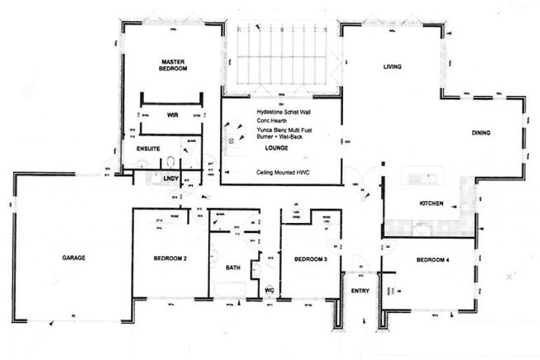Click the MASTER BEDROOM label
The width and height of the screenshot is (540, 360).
click(172, 65)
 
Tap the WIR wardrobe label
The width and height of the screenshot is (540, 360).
click(171, 114)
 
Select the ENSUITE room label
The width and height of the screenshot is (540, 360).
click(148, 149)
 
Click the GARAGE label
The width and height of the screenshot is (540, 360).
click(73, 258)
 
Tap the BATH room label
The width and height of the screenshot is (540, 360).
click(233, 268)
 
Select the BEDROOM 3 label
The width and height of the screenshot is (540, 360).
click(310, 259)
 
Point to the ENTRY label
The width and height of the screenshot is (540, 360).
click(359, 290)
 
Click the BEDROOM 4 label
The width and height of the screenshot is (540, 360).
click(432, 259)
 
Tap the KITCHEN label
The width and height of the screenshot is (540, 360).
click(431, 203)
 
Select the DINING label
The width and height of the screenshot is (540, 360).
click(481, 133)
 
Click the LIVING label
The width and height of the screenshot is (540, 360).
click(392, 67)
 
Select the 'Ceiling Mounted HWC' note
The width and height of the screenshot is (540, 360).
click(284, 172)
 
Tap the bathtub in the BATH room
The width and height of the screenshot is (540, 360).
click(231, 289)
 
